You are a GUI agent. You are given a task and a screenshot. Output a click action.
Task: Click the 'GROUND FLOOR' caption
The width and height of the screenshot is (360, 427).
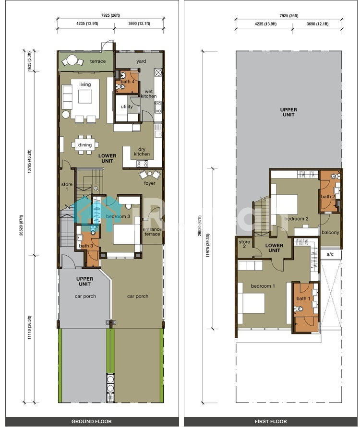click(x=92, y=421)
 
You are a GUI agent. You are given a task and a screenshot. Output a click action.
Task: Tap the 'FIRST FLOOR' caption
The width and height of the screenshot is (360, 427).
click(x=271, y=421)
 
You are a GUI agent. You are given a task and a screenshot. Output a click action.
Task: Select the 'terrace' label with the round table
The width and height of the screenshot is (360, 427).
click(x=98, y=61)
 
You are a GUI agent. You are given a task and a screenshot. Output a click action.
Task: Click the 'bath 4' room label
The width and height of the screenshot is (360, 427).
click(x=127, y=82)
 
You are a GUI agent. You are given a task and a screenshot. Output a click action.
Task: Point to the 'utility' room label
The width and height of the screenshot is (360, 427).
click(x=127, y=107)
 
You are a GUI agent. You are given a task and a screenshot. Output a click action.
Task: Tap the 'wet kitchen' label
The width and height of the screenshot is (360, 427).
click(x=148, y=94)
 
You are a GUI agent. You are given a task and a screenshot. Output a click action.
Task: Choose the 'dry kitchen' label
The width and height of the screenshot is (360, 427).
click(x=142, y=152)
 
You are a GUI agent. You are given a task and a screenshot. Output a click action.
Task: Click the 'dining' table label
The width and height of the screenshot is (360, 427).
click(x=85, y=145)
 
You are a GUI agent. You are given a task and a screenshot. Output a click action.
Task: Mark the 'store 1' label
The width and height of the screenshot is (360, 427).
click(x=67, y=187)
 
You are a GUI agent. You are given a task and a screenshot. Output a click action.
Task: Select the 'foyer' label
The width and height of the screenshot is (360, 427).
click(x=150, y=183)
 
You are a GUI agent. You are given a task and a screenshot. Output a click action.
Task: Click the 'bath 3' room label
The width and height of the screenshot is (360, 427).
click(x=86, y=246)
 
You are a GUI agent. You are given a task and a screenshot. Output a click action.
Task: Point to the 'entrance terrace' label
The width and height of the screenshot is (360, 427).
click(x=152, y=231)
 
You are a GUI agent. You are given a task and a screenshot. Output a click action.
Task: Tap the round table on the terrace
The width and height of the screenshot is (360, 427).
click(x=72, y=60)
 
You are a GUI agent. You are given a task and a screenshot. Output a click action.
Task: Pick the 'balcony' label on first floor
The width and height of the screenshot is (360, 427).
click(x=330, y=232)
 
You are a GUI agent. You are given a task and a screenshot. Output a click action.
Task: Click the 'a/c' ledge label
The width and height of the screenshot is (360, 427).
click(x=330, y=254)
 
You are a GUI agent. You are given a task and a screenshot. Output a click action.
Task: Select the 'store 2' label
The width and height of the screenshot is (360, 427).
click(x=244, y=244)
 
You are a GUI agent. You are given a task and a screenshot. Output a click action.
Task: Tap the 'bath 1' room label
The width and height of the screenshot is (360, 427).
click(x=303, y=298)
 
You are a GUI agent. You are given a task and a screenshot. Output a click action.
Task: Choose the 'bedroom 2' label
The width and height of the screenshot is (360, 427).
click(x=296, y=218)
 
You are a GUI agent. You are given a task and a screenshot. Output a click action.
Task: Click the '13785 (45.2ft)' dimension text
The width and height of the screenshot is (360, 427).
click(x=29, y=161)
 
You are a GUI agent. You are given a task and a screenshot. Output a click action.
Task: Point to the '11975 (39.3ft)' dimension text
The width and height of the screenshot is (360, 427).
click(x=208, y=245)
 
